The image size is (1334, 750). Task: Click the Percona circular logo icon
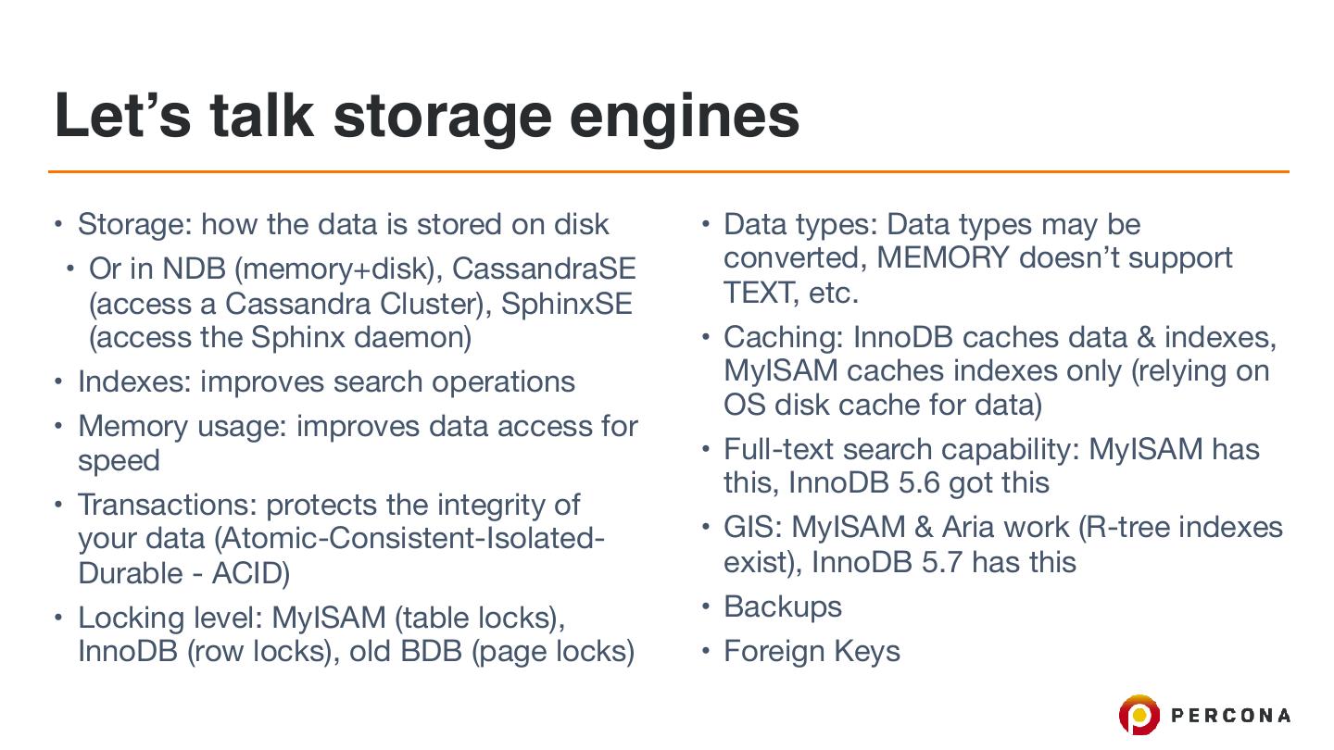click(x=1139, y=715)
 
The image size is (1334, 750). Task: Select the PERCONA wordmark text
click(x=1231, y=715)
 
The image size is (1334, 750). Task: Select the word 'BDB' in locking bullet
click(x=431, y=651)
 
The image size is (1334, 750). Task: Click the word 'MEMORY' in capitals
click(x=942, y=257)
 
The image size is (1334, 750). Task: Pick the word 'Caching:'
click(x=783, y=337)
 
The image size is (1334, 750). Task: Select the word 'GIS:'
click(x=754, y=527)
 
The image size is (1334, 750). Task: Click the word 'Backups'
click(x=783, y=606)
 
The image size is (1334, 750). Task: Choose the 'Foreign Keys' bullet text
click(x=812, y=651)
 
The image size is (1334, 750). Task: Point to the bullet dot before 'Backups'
click(x=706, y=606)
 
